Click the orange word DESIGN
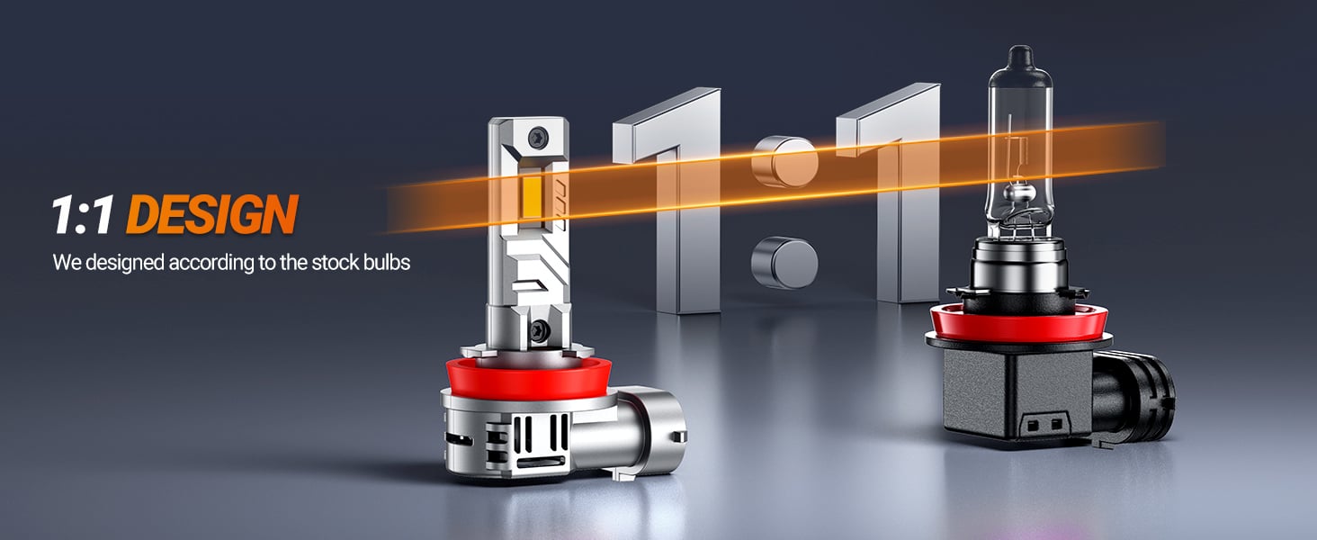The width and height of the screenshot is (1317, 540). coord(212,214)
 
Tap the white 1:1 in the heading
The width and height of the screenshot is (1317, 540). coord(83,215)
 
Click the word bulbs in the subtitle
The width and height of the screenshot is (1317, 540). coord(387,263)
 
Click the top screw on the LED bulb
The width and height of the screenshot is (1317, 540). coord(537,138)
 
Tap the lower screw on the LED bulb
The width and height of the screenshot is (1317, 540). coord(539,330)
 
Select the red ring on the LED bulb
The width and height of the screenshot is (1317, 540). coord(526,377)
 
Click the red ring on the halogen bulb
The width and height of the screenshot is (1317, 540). coord(1018,324)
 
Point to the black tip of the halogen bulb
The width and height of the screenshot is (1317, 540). coord(1020,58)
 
